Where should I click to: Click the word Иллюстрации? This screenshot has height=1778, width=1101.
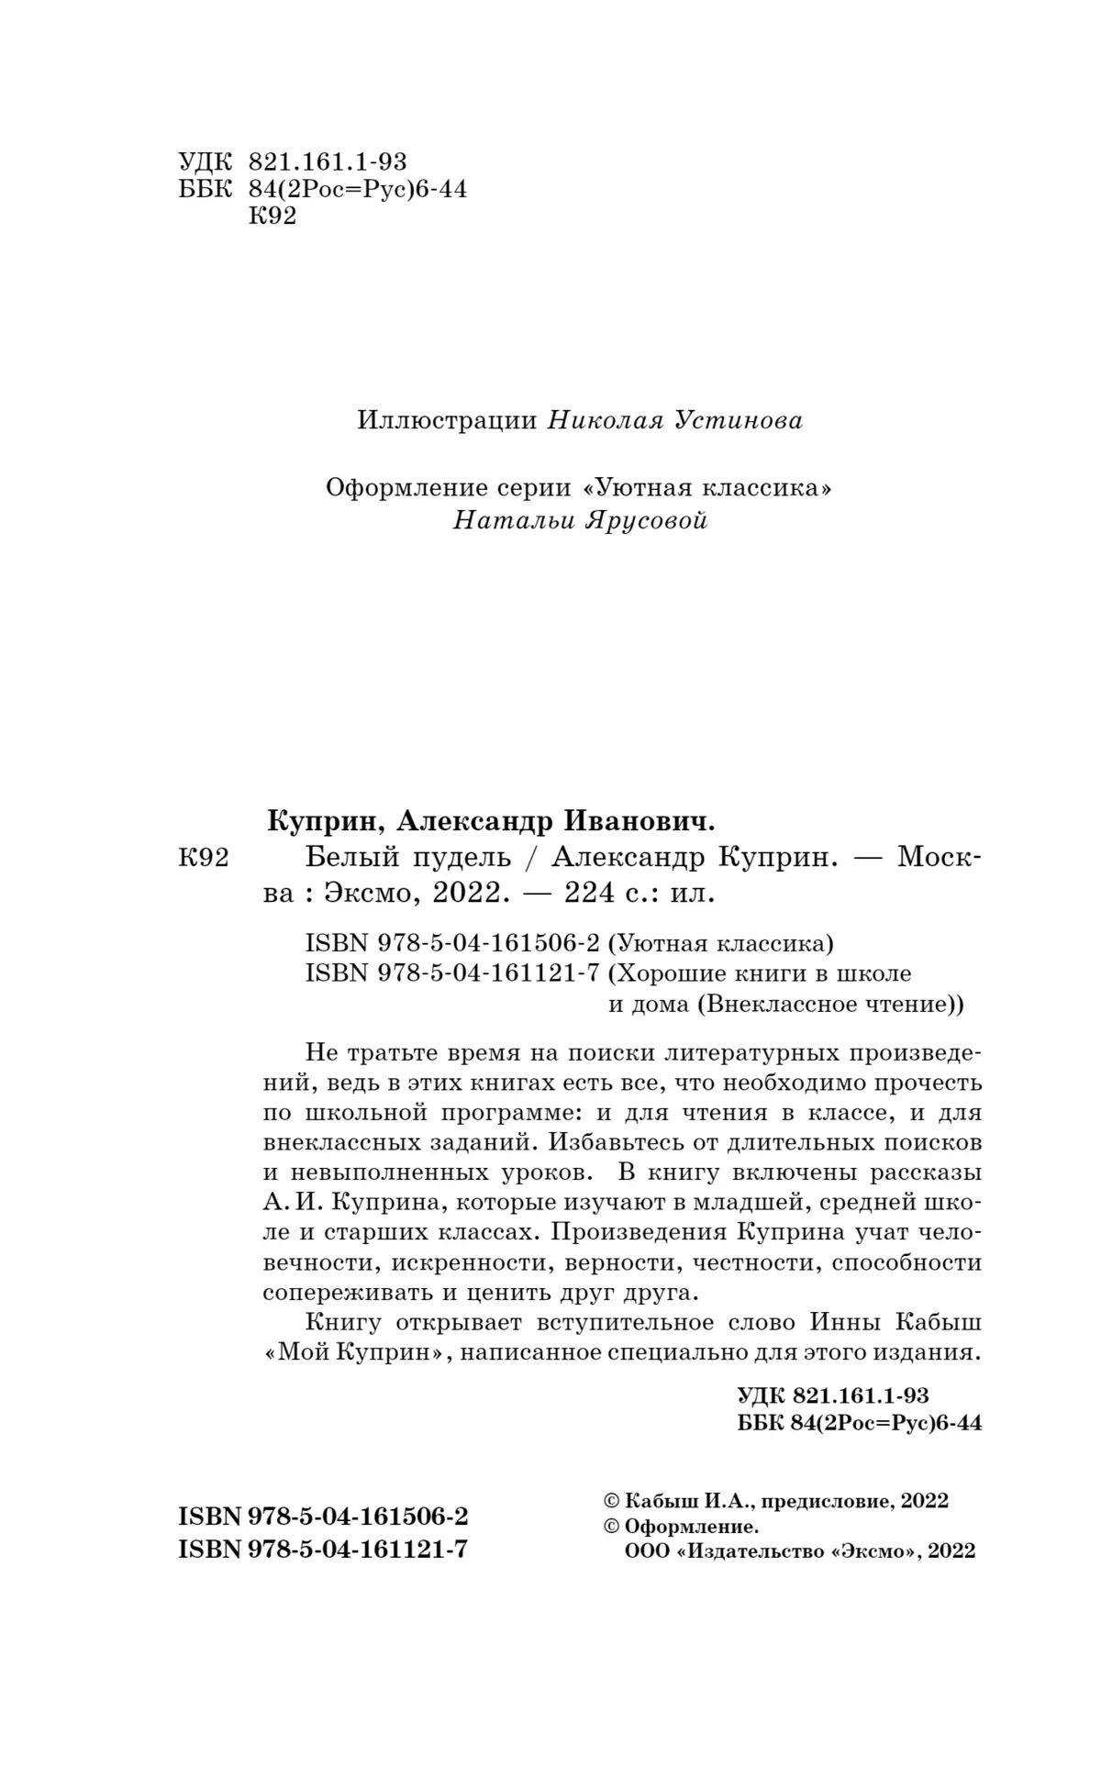446,421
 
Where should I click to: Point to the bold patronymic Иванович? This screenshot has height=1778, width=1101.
637,818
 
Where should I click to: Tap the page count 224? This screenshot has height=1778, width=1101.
595,893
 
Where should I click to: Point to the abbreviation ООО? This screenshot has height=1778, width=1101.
645,1551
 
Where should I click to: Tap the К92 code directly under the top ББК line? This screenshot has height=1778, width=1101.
272,217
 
